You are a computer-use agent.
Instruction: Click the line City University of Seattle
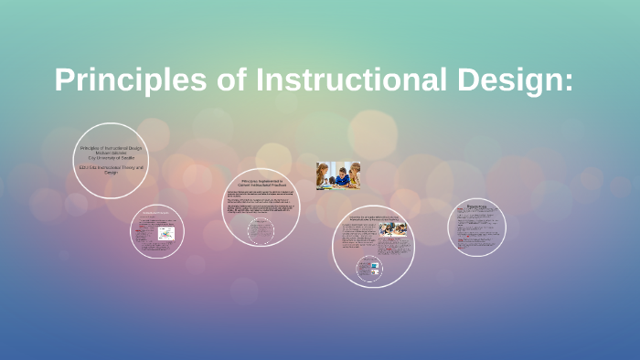click(111, 158)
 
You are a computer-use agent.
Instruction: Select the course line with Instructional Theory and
click(112, 167)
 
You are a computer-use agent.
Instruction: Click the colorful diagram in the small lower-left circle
click(166, 234)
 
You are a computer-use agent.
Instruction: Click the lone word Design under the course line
click(111, 173)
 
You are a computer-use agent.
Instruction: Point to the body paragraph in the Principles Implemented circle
click(261, 206)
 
